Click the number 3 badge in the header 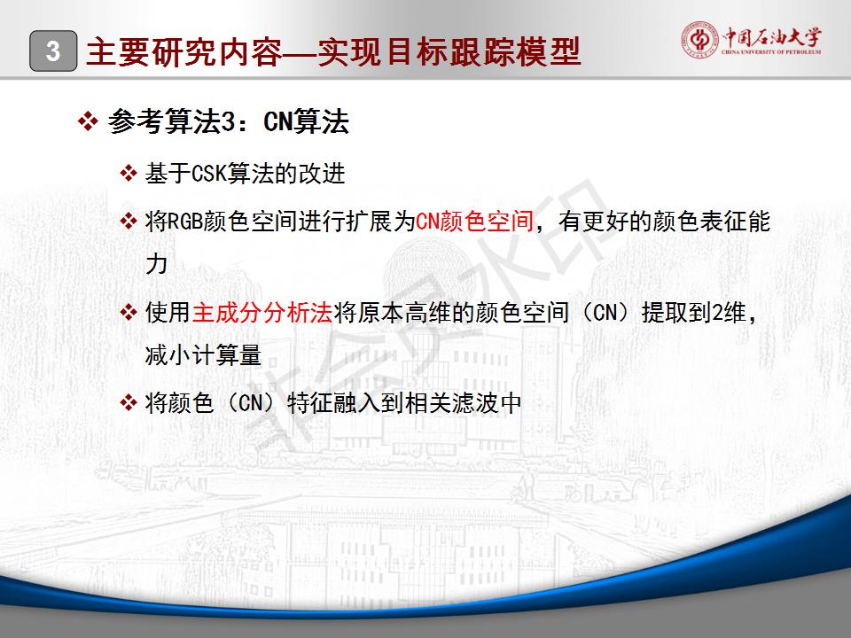coord(53,51)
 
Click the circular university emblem coord(699,40)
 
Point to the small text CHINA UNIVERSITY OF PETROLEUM coord(771,52)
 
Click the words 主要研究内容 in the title coord(184,52)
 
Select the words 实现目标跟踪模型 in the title coord(450,52)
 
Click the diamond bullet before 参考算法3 coord(88,121)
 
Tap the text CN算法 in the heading coord(306,121)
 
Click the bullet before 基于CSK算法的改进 coord(129,174)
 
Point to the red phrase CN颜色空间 coord(474,222)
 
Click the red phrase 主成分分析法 coord(262,313)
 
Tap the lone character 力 coord(156,264)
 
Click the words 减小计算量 coord(204,355)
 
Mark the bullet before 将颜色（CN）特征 coord(129,403)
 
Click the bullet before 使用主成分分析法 coord(129,313)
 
